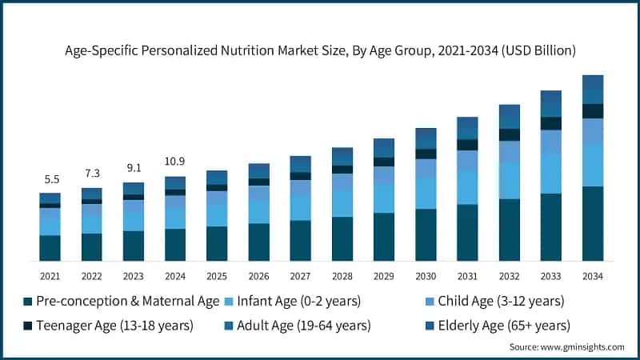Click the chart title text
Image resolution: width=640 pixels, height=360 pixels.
pyautogui.click(x=320, y=50)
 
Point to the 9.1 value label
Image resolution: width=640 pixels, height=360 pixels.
pyautogui.click(x=133, y=168)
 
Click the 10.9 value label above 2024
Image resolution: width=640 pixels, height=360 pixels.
pyautogui.click(x=174, y=161)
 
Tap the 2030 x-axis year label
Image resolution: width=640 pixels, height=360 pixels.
pyautogui.click(x=426, y=276)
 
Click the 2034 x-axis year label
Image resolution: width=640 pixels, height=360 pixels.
pyautogui.click(x=592, y=276)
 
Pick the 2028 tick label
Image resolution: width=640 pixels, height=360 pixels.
pyautogui.click(x=342, y=276)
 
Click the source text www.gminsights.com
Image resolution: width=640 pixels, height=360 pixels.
pyautogui.click(x=566, y=347)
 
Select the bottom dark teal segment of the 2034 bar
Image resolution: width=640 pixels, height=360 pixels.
pyautogui.click(x=592, y=223)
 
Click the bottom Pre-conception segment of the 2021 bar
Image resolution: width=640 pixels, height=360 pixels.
pyautogui.click(x=50, y=248)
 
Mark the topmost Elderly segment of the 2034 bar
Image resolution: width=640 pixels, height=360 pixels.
pyautogui.click(x=592, y=82)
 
